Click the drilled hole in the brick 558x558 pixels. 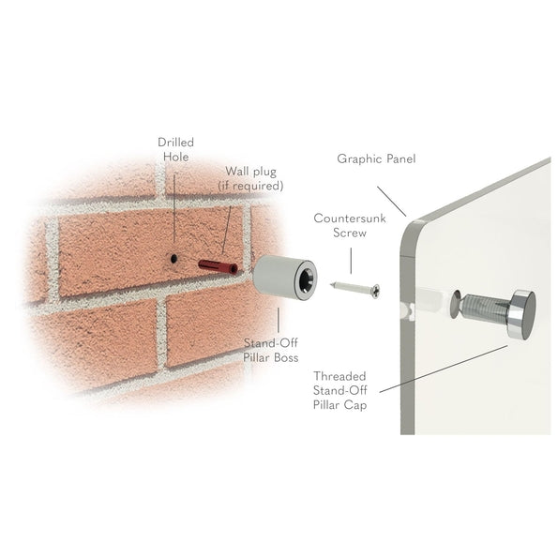[173, 258]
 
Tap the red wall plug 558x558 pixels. [218, 267]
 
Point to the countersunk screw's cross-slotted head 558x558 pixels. [375, 292]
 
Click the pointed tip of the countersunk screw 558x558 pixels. [332, 284]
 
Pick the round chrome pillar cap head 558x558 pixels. [522, 314]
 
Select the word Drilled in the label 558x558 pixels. [175, 143]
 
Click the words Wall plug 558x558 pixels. [251, 172]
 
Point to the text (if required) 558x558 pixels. [250, 186]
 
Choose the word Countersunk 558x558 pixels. [350, 219]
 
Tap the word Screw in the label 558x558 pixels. [350, 233]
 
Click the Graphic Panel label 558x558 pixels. [376, 158]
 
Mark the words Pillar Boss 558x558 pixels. [270, 357]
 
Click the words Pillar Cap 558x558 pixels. [339, 405]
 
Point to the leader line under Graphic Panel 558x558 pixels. [391, 202]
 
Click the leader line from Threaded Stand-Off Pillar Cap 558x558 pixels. [444, 369]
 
